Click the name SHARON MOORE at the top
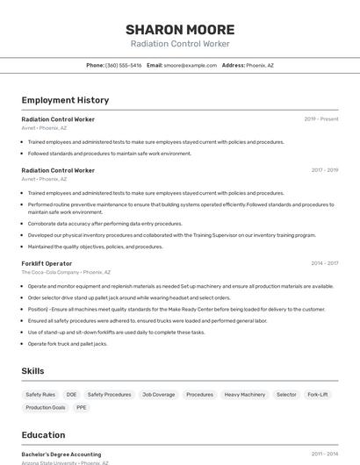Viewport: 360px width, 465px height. (180, 30)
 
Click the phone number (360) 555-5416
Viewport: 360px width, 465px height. (123, 65)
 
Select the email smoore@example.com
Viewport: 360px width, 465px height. (190, 65)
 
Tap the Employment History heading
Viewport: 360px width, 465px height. (65, 100)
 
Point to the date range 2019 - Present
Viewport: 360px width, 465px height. (321, 118)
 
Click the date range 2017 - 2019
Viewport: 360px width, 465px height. (324, 169)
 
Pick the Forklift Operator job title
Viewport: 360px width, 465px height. (47, 263)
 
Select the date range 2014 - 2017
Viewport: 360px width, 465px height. (324, 263)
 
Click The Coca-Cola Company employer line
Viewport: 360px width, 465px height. (66, 272)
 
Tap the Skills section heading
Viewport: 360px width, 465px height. (32, 371)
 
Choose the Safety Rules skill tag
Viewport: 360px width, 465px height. (40, 395)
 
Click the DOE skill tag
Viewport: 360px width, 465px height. (71, 395)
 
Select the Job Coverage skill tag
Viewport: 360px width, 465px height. (158, 395)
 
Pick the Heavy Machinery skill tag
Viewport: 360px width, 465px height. (244, 395)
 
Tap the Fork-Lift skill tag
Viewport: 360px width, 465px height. (317, 395)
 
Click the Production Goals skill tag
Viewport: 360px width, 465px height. (46, 407)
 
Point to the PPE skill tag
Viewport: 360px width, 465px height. (82, 407)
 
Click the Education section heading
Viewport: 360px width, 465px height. (43, 435)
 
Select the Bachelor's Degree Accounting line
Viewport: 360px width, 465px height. (61, 454)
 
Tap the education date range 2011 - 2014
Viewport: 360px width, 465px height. (324, 454)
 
